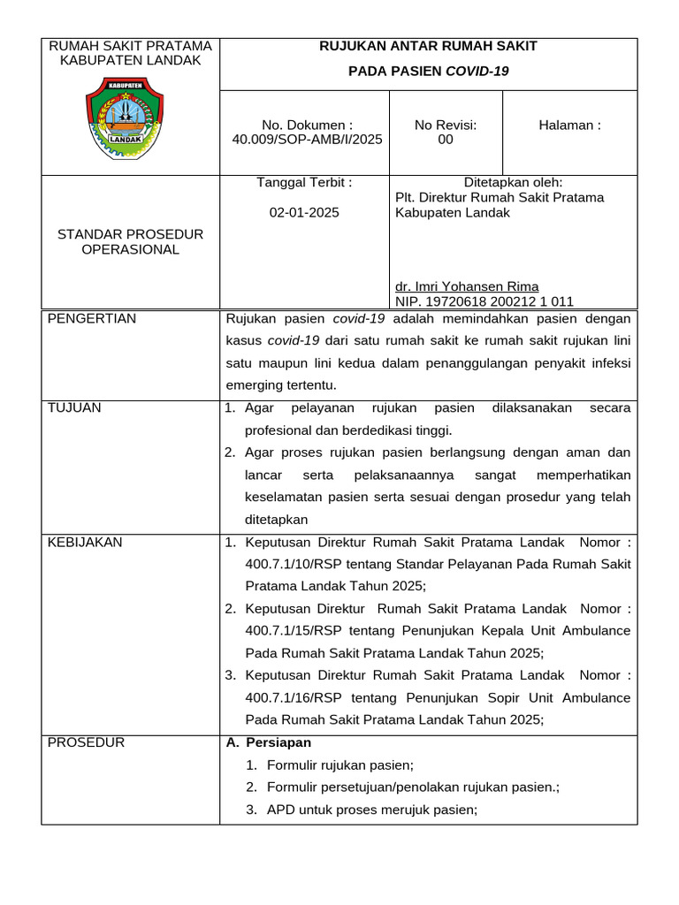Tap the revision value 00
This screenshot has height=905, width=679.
pyautogui.click(x=446, y=140)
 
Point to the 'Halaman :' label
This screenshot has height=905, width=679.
pyautogui.click(x=569, y=125)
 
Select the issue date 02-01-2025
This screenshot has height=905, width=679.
pyautogui.click(x=303, y=212)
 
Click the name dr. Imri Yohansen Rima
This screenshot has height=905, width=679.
pyautogui.click(x=467, y=286)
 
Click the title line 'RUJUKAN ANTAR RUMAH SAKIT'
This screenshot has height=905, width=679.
pyautogui.click(x=428, y=46)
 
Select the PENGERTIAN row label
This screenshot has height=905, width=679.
pyautogui.click(x=92, y=319)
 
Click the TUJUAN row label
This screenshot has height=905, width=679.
pyautogui.click(x=75, y=407)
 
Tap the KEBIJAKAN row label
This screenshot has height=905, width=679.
pyautogui.click(x=85, y=542)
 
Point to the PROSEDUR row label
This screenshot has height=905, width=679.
pyautogui.click(x=86, y=742)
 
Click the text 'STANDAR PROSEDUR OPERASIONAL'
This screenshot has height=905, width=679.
pyautogui.click(x=130, y=242)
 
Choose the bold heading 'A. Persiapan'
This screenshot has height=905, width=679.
pyautogui.click(x=270, y=742)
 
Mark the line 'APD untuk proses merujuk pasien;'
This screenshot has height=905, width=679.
pyautogui.click(x=371, y=810)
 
